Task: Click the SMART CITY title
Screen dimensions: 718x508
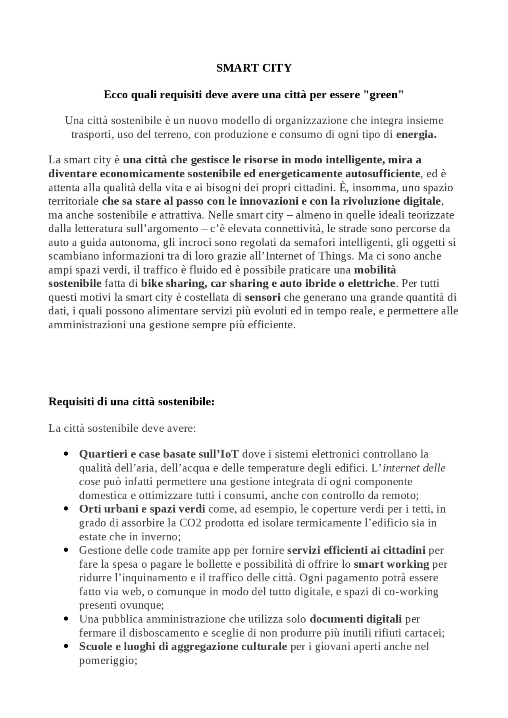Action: (x=254, y=68)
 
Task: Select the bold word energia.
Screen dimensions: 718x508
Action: (x=416, y=134)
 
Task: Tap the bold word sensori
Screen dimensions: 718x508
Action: (x=262, y=297)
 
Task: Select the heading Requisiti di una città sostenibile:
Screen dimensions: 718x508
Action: (x=131, y=401)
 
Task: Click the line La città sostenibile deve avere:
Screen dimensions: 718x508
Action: (x=122, y=428)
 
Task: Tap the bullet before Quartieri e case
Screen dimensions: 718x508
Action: (x=67, y=454)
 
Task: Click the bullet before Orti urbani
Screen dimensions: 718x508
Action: (x=67, y=509)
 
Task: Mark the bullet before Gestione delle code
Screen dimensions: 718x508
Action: (x=67, y=550)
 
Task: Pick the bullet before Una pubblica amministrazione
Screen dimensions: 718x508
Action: (x=67, y=619)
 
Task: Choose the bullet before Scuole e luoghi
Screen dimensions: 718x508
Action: (x=67, y=646)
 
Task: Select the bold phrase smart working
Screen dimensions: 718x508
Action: (x=391, y=564)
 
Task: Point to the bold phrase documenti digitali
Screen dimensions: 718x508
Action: (x=356, y=619)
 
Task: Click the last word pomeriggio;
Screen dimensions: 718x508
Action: (x=108, y=661)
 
